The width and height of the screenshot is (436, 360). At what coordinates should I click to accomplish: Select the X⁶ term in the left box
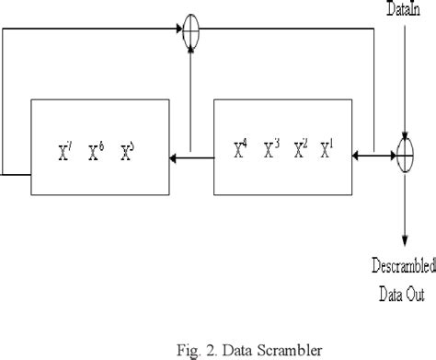click(x=94, y=152)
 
